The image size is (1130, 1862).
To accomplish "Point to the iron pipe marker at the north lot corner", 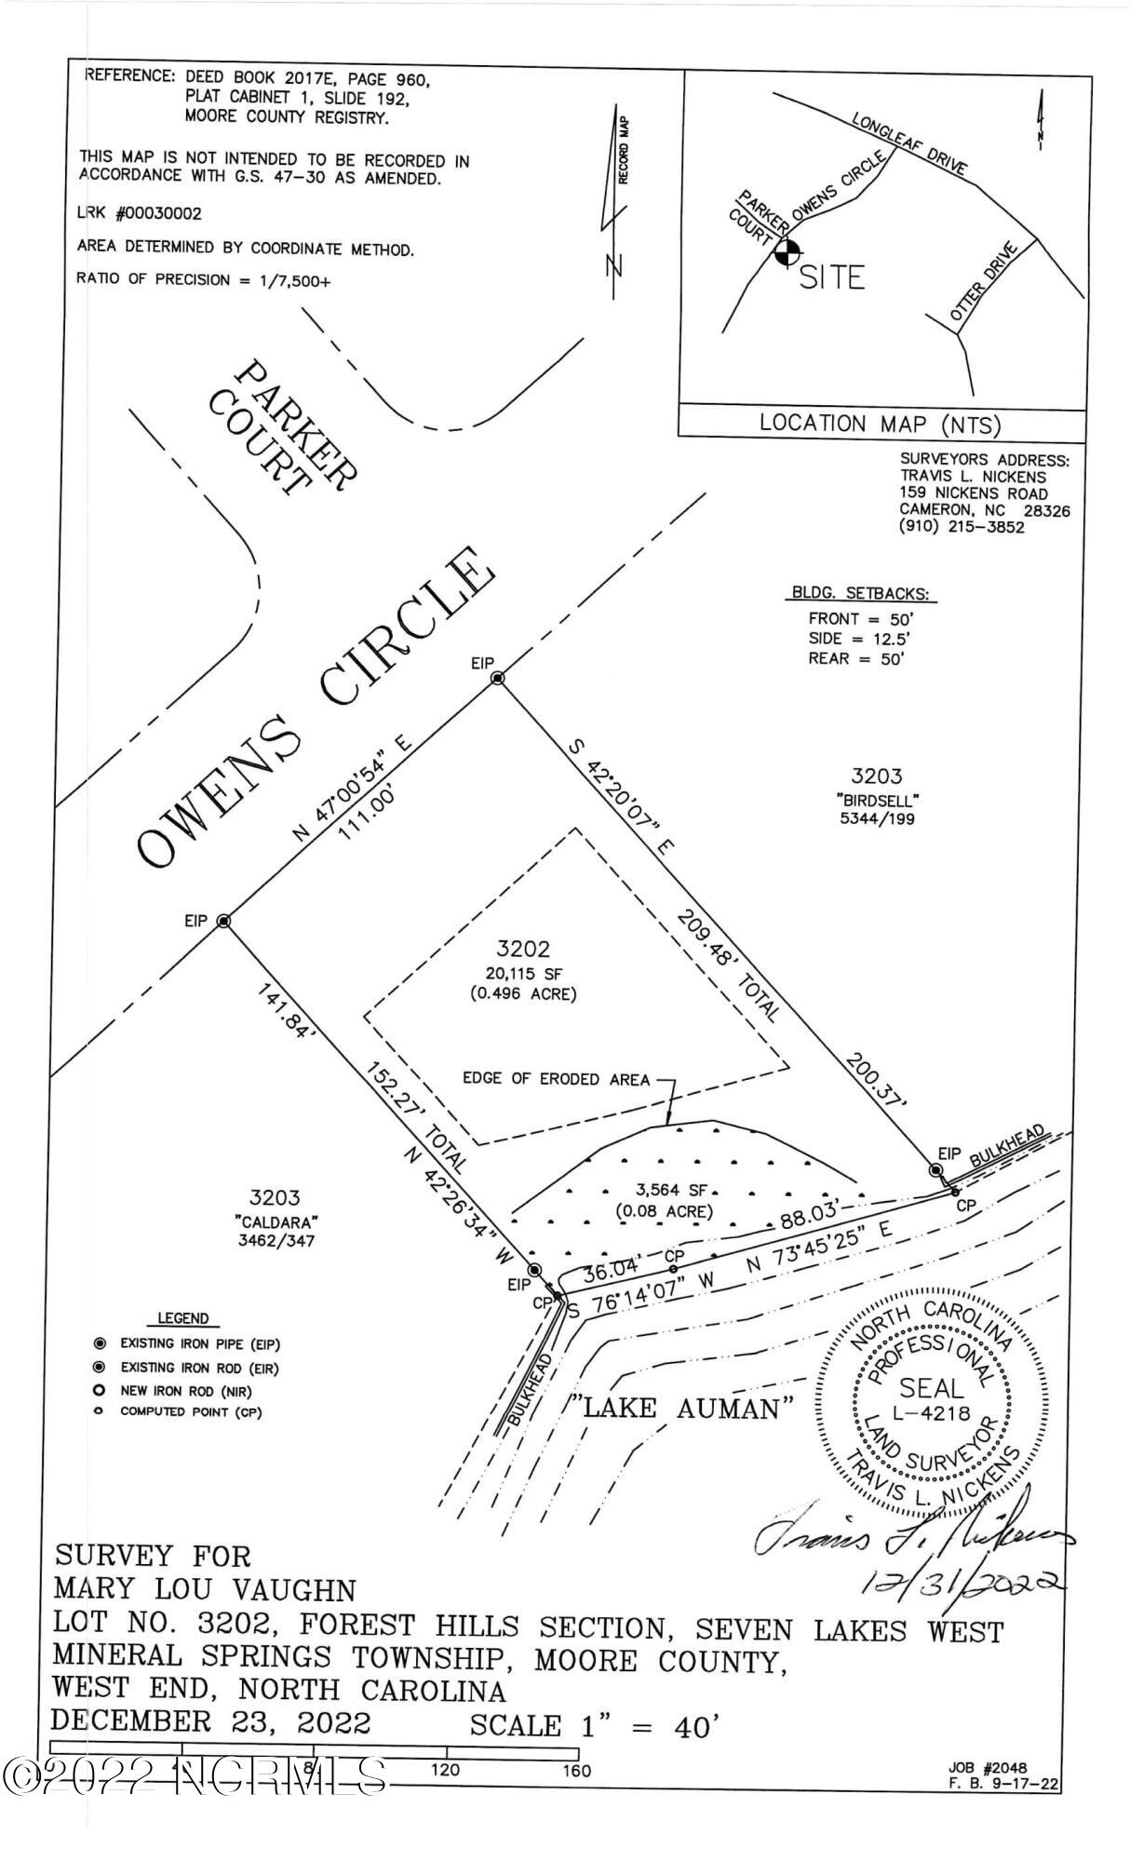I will tap(497, 679).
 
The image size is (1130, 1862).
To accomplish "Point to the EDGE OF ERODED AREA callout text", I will tap(556, 1079).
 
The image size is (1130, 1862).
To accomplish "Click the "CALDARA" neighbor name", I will tap(274, 1221).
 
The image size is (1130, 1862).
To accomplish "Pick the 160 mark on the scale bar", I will tap(577, 1771).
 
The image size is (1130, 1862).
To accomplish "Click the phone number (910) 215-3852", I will tap(962, 527).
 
